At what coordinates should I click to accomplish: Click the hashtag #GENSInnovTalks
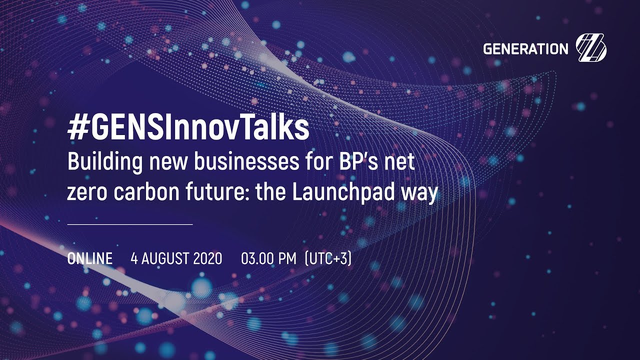188,129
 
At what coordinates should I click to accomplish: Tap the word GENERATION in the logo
525,49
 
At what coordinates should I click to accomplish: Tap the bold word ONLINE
89,259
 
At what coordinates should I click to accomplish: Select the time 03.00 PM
269,259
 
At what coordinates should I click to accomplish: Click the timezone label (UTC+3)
328,259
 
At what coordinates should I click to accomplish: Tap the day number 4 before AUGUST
134,259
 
